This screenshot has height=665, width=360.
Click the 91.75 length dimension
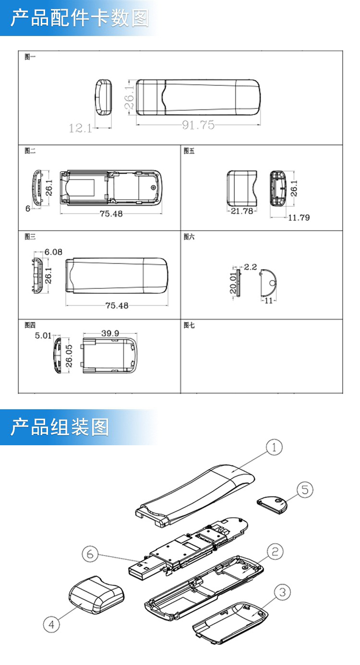coord(198,125)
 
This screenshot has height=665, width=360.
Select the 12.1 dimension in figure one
coord(80,128)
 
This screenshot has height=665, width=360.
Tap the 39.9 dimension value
coord(111,333)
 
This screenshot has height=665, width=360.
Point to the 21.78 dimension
coord(242,211)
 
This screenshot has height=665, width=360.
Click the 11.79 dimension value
coord(299,218)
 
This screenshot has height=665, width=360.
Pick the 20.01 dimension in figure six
coord(233,283)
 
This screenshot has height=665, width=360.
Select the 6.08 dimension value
coord(53,252)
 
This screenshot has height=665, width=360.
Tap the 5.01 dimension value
coord(43,335)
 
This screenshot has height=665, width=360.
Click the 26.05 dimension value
coord(69,356)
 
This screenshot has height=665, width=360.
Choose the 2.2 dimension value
coord(251,267)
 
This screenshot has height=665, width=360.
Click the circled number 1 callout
coord(274,448)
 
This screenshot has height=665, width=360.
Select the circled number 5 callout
coord(305,490)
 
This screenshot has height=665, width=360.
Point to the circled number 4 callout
coord(52,624)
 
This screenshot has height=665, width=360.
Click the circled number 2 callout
coord(275,552)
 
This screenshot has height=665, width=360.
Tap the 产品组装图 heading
coord(60,427)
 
